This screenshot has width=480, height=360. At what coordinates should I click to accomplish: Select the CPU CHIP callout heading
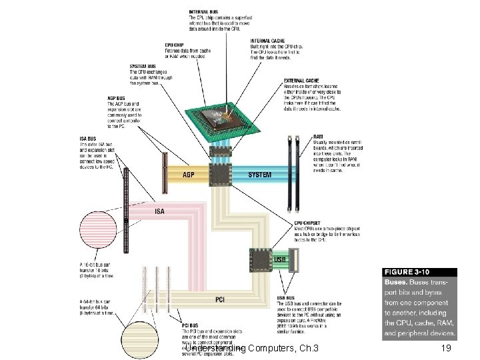click(x=175, y=45)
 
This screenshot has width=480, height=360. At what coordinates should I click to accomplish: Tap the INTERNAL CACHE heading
click(x=266, y=41)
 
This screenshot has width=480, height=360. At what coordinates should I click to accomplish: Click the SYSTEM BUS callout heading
click(x=143, y=66)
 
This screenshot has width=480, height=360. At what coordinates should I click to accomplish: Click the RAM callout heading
click(x=318, y=137)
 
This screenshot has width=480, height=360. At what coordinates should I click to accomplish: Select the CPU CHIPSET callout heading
click(x=307, y=223)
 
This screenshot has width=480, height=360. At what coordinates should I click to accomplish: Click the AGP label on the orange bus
click(x=189, y=175)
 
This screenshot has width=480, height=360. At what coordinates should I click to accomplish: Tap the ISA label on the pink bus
click(x=160, y=211)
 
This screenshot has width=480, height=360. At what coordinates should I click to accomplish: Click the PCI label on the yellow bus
click(x=219, y=299)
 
